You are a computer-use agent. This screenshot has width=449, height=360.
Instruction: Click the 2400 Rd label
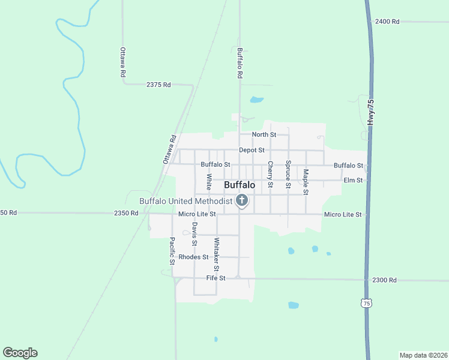pos(387,22)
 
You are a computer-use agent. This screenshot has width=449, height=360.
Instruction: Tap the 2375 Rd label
pos(158,85)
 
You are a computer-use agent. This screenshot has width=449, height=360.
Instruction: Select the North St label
pos(264,134)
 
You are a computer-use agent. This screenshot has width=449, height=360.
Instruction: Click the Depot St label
pos(252,150)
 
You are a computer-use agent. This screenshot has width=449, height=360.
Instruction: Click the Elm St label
pos(353,180)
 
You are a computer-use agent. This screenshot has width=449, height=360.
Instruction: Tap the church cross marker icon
pos(242,200)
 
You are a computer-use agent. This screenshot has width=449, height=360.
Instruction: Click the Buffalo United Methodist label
pos(185,201)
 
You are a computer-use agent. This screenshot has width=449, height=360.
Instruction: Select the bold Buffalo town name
pos(240,185)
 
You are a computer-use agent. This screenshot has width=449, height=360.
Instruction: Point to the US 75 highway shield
pos(366,304)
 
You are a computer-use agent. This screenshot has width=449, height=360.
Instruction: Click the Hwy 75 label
pos(372,112)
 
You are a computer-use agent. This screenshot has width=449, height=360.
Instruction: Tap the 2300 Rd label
pos(384,280)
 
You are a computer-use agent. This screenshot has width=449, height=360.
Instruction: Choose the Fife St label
pos(215,278)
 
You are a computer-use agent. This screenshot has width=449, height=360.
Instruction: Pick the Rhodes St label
pos(193,257)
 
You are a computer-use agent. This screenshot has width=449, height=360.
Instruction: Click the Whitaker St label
pos(216,254)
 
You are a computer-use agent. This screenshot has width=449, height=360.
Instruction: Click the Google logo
pos(20,353)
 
